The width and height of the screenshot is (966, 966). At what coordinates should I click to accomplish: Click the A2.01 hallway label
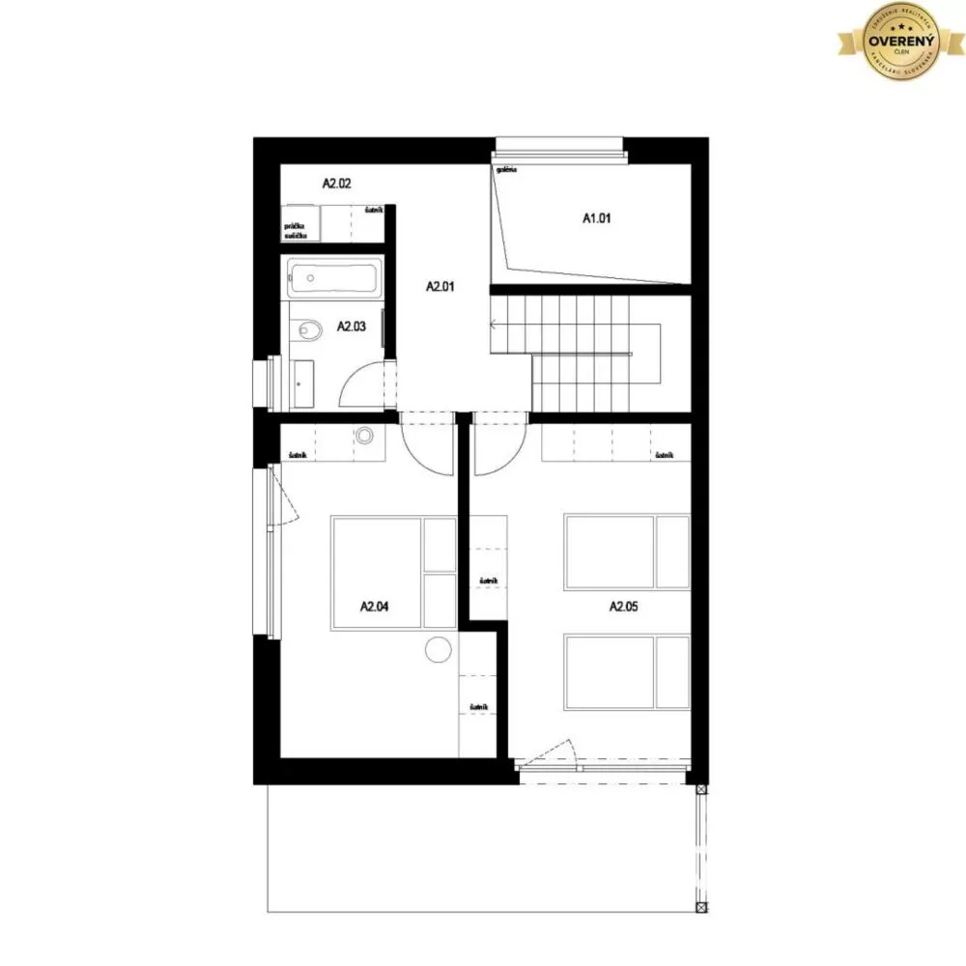tap(440, 286)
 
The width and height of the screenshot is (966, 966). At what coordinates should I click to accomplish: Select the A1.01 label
tap(597, 219)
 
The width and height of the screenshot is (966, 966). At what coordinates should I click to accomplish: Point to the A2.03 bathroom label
tap(351, 327)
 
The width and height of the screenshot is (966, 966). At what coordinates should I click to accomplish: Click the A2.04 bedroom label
tap(374, 608)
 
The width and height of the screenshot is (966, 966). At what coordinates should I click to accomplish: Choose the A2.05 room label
tap(623, 608)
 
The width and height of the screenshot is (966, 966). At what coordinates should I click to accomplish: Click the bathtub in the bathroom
tap(331, 280)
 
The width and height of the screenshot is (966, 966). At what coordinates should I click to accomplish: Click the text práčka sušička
tap(295, 230)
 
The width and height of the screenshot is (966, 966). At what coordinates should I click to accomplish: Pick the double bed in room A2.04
tap(392, 573)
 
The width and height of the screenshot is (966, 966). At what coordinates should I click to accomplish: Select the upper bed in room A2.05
tap(626, 552)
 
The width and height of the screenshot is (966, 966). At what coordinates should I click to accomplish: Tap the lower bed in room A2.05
tap(626, 671)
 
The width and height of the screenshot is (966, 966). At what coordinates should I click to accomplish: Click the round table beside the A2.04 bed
tap(439, 651)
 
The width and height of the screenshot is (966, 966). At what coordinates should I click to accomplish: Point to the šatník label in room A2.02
tap(373, 210)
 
